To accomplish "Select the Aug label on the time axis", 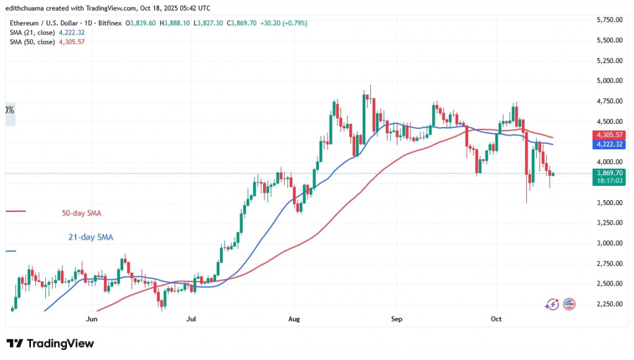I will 294,319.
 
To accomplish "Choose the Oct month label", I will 495,319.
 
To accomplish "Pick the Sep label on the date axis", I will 397,319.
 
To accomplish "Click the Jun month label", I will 92,319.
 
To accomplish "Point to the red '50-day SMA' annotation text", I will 81,213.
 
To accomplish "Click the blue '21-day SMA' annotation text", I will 90,237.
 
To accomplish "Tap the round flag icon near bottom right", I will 568,304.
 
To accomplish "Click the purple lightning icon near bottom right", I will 552,304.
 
